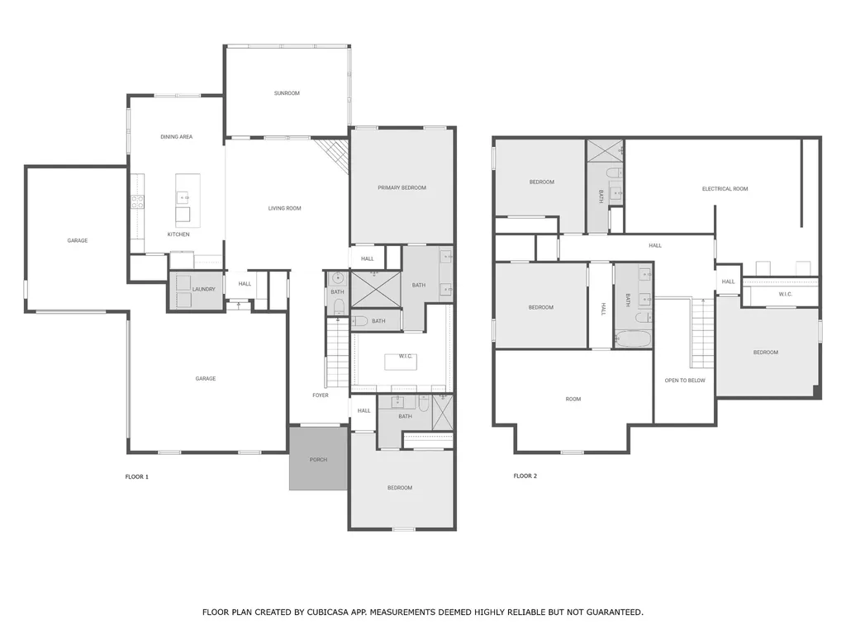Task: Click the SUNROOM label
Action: point(287,93)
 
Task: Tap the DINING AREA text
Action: point(177,137)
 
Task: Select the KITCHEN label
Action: point(178,234)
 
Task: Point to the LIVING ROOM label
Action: point(284,208)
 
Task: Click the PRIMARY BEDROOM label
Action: point(402,187)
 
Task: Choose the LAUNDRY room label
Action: point(204,290)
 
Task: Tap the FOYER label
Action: point(321,395)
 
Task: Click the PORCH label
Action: point(318,460)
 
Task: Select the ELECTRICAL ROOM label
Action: point(725,189)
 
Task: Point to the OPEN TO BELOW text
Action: point(685,381)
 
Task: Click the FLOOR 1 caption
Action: point(136,476)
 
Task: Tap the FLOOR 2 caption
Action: point(525,476)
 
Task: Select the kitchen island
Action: point(188,201)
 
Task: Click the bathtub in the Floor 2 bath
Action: point(633,339)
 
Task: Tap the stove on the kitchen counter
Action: point(138,201)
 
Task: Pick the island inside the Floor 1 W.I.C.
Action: point(401,362)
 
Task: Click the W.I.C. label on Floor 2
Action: point(785,295)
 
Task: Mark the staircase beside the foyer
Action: point(338,352)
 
